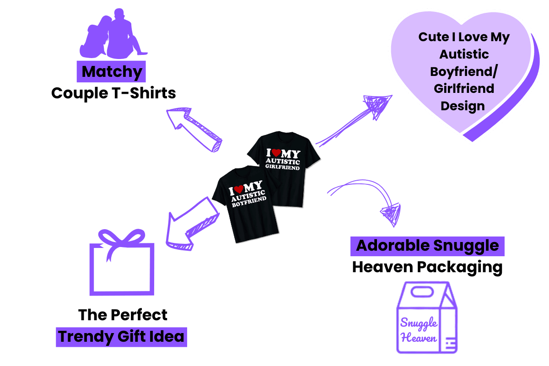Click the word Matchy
point(112,72)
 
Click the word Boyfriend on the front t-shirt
point(249,202)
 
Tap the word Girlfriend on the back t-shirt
point(283,164)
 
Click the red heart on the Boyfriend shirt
point(243,188)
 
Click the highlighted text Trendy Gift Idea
point(122,337)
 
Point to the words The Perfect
point(123,315)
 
